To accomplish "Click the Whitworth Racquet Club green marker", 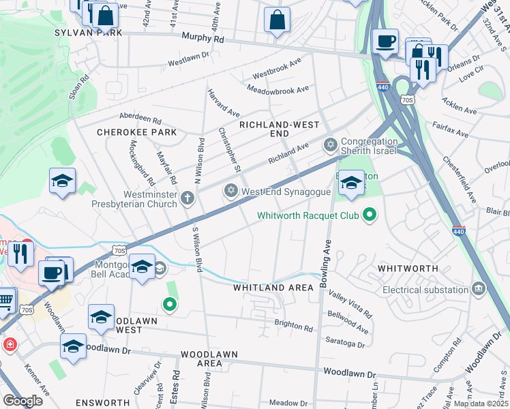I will pyautogui.click(x=370, y=216).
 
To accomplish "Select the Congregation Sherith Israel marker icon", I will pyautogui.click(x=331, y=145).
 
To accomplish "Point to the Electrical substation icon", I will pyautogui.click(x=479, y=290).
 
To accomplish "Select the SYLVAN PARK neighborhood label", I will pyautogui.click(x=89, y=33).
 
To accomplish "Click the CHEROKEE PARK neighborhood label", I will pyautogui.click(x=136, y=132).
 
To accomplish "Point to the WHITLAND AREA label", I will pyautogui.click(x=273, y=288).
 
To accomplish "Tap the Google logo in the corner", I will pyautogui.click(x=22, y=401).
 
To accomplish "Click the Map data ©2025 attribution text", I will pyautogui.click(x=481, y=404).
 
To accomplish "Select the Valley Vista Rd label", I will pyautogui.click(x=350, y=304).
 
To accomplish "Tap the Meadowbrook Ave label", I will pyautogui.click(x=277, y=89).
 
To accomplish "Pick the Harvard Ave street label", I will pyautogui.click(x=224, y=102).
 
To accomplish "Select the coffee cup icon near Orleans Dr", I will pyautogui.click(x=386, y=42).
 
